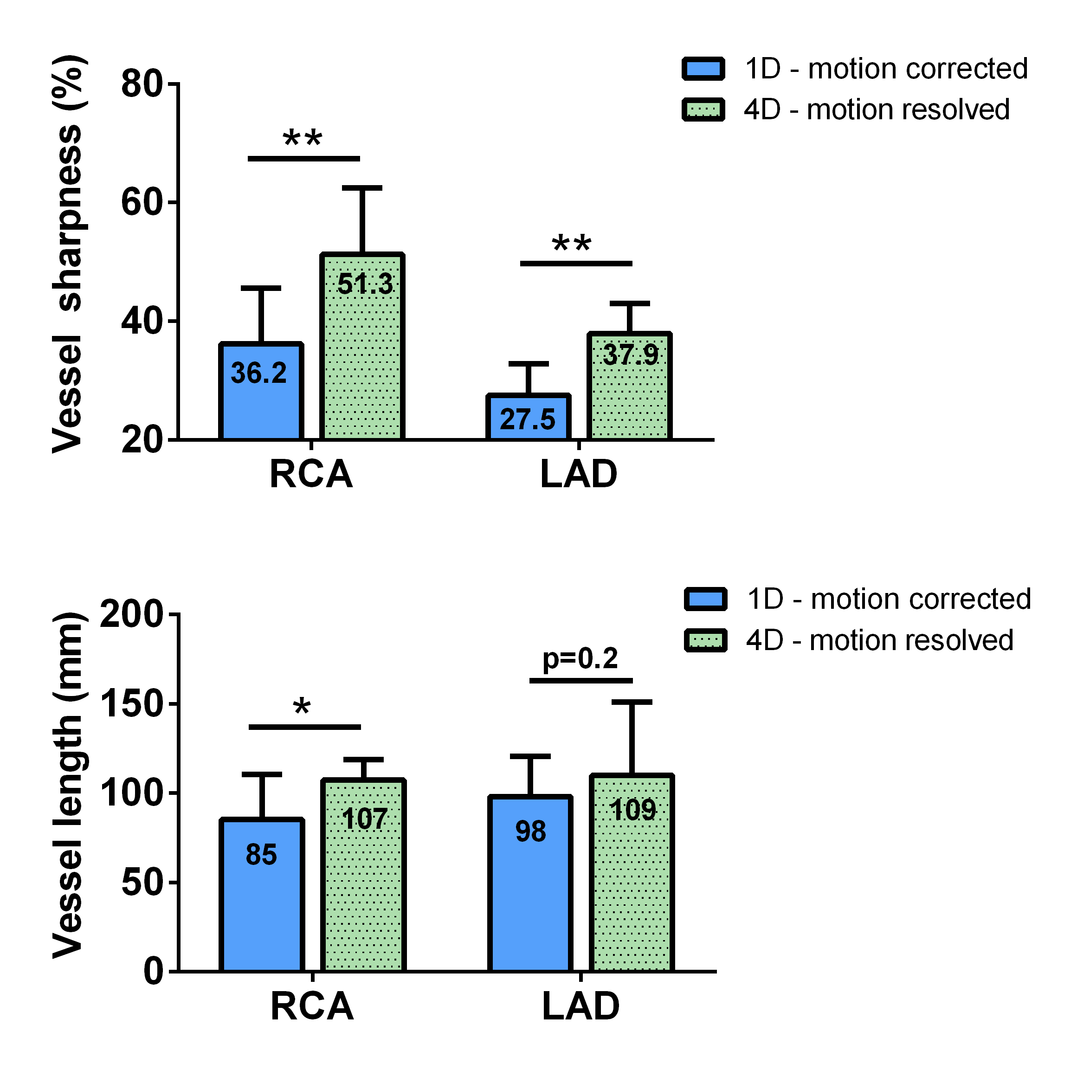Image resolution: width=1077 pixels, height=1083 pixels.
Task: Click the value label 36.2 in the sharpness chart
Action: tap(258, 374)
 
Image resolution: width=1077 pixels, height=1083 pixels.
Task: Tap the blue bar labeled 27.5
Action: tap(528, 418)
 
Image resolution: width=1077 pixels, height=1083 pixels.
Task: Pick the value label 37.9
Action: tap(630, 355)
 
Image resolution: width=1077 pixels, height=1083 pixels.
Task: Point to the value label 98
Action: tap(530, 832)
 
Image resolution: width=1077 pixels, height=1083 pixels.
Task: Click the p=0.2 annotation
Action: tap(580, 658)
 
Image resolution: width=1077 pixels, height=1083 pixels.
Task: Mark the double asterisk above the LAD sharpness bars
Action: tap(571, 245)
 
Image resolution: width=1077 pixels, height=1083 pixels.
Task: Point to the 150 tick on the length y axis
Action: tap(131, 704)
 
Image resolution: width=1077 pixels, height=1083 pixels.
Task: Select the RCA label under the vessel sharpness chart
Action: tap(311, 474)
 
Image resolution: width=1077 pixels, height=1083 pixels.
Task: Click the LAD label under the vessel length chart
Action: tap(581, 1006)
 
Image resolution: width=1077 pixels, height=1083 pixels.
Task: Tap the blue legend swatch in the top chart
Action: tap(703, 69)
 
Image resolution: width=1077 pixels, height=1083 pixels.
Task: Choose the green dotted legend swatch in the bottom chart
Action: tap(706, 640)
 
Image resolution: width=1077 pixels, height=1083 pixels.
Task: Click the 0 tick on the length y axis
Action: tap(153, 972)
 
